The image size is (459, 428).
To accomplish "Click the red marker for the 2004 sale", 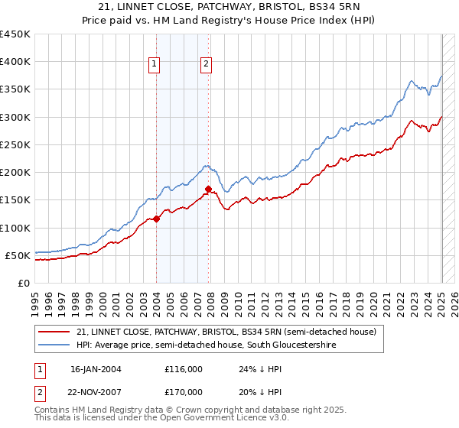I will tap(156, 219).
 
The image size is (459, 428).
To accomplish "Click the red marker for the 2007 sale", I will tap(208, 189).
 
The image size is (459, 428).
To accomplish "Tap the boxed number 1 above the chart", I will tap(155, 65).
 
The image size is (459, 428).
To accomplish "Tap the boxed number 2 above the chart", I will tap(207, 65).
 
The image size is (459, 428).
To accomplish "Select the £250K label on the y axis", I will tap(15, 144).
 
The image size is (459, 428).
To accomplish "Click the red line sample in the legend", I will tap(55, 332).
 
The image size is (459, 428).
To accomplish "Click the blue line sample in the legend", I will tap(55, 345).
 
